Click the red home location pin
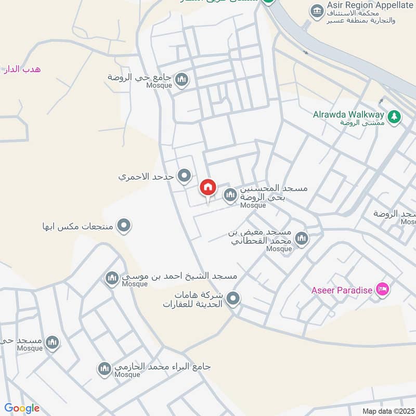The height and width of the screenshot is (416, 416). pos(208,188)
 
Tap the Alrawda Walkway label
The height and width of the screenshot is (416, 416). pos(348,114)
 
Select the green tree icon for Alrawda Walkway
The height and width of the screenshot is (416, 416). pos(395,116)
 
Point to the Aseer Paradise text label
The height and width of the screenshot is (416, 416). pos(342,290)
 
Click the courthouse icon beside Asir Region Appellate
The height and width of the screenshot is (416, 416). pos(316,10)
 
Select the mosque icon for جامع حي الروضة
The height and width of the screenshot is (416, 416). pos(181,80)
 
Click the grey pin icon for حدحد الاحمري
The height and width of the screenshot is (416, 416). pos(184,176)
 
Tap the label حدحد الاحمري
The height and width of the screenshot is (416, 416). pos(146,177)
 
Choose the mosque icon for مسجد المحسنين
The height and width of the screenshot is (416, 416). pos(230,196)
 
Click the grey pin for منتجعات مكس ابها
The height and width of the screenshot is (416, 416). pos(124,226)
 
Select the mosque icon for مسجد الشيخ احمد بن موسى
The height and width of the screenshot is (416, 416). pos(112,279)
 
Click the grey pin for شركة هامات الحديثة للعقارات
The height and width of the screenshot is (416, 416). pos(233,298)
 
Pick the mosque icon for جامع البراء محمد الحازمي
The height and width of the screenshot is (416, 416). pos(104,369)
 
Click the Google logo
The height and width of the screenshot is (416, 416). pos(22,408)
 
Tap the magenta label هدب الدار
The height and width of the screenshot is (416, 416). pos(21,69)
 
